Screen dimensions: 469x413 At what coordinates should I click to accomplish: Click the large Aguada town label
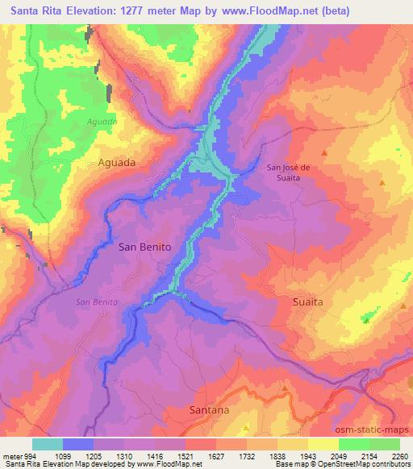[x=116, y=161]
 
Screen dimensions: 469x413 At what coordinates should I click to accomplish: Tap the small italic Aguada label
[x=102, y=122]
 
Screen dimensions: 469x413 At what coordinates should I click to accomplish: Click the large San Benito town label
[x=144, y=247]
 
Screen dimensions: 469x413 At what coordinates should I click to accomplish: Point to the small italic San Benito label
[x=97, y=301]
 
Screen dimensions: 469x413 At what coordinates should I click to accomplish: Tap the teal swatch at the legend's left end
[x=48, y=444]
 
